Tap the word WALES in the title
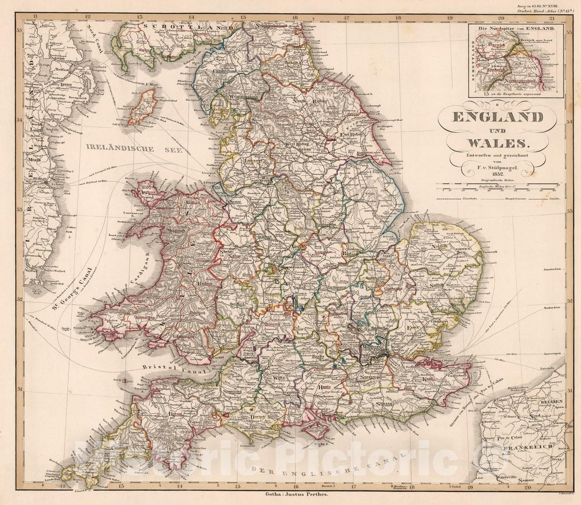(x=498, y=143)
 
